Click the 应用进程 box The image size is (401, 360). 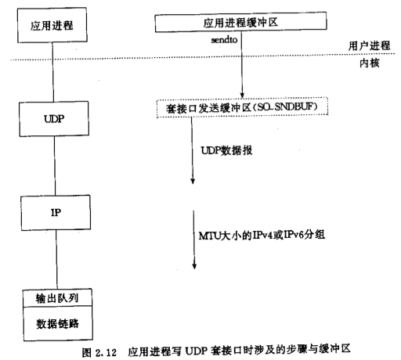pos(52,25)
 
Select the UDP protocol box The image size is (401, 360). pos(54,119)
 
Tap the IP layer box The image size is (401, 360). pos(56,213)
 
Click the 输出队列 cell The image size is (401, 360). pos(57,298)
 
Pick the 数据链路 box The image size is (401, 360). pos(58,324)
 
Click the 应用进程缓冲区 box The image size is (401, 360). pos(240,22)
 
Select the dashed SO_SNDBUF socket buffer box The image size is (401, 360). pos(242,107)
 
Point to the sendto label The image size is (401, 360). pos(224,40)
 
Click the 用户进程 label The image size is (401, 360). pos(369,45)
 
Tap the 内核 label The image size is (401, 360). pos(370,63)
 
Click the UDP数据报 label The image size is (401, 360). pos(226,150)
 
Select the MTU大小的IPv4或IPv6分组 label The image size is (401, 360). pos(262,235)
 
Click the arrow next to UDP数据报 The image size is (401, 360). pos(193,150)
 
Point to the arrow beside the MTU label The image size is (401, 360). pos(194,239)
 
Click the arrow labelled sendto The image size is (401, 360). pos(242,65)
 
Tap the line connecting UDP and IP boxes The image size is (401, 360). pos(55,166)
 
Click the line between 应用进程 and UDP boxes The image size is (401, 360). pos(53,72)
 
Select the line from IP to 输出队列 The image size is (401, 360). pos(56,259)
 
